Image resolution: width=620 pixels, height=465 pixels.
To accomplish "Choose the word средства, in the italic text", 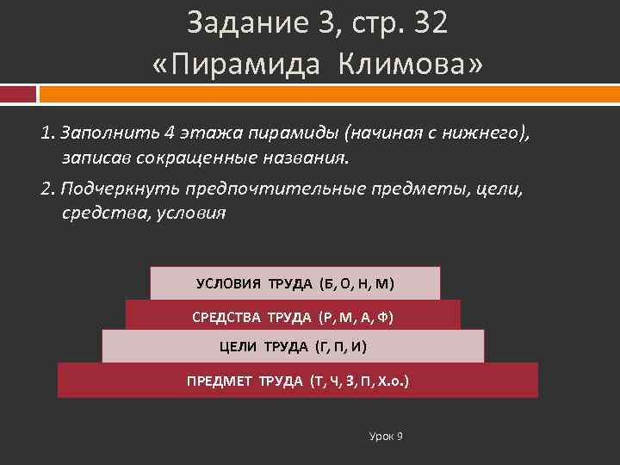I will [102, 214].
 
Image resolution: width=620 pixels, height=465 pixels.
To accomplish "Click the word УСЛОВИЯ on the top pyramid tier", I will [230, 283].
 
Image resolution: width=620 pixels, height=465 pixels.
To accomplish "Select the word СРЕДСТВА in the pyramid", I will [228, 316].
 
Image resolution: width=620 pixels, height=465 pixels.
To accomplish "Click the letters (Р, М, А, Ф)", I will [355, 316].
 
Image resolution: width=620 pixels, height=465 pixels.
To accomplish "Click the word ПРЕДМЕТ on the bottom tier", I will [220, 381].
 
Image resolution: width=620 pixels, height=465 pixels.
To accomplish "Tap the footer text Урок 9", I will [386, 437].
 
